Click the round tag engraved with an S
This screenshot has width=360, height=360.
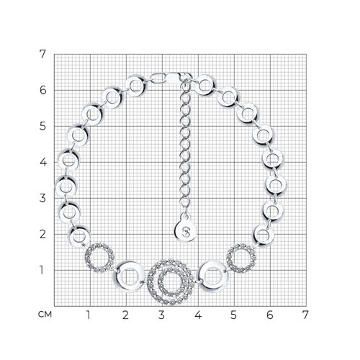click(185, 231)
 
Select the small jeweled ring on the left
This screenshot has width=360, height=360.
click(88, 258)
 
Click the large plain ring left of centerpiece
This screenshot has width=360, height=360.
click(117, 276)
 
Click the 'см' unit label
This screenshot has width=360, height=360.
click(45, 315)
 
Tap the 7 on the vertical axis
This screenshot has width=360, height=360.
click(42, 54)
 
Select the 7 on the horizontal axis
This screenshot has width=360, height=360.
click(305, 315)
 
